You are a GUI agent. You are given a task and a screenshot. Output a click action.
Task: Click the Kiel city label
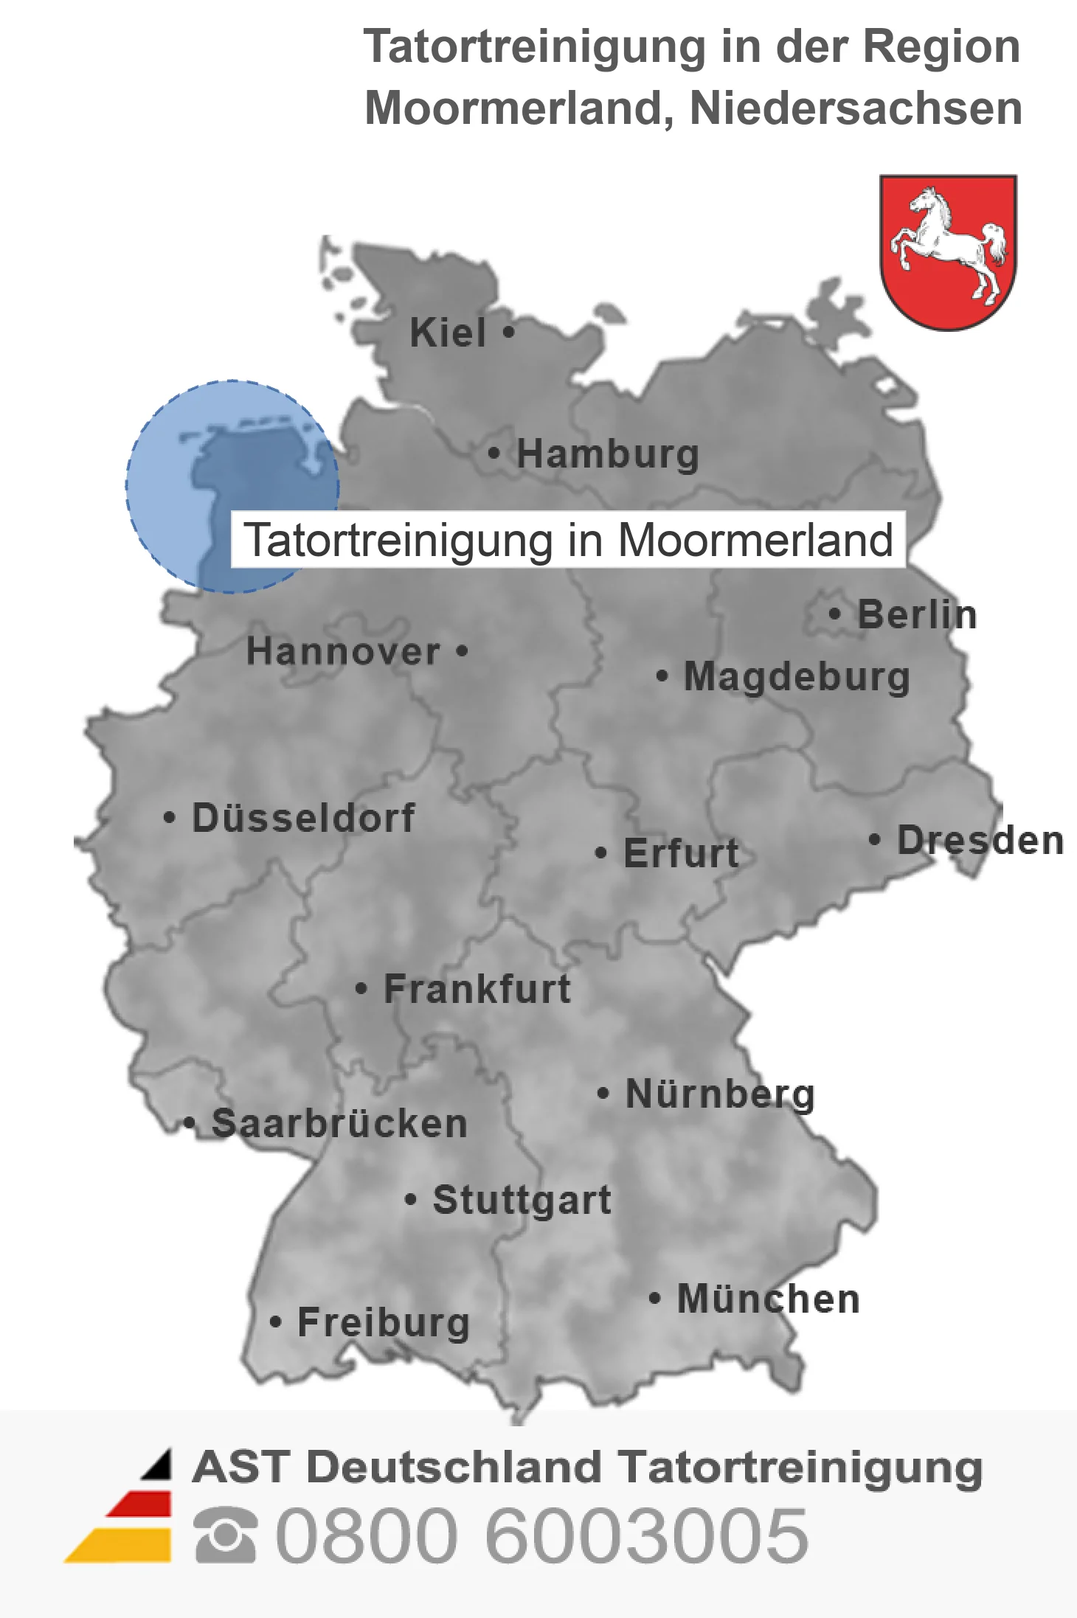click(x=448, y=333)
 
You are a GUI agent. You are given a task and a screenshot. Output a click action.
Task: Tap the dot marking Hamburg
click(x=494, y=453)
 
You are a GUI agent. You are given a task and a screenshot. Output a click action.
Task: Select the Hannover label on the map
click(x=343, y=652)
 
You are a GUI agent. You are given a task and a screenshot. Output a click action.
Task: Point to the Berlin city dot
click(x=834, y=614)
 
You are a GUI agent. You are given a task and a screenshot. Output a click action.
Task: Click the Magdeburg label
click(x=797, y=677)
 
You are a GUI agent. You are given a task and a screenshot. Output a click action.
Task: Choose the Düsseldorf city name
click(x=303, y=818)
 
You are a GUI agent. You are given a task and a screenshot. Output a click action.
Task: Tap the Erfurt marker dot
click(x=600, y=853)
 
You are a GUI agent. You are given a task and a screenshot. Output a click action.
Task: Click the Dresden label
click(x=980, y=840)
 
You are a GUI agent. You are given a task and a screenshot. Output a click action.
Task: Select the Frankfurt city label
click(x=477, y=989)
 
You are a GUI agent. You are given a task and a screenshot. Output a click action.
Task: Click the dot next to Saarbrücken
click(x=190, y=1123)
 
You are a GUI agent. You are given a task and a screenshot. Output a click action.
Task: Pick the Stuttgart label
click(x=522, y=1200)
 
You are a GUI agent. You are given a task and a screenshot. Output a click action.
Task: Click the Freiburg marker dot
click(x=275, y=1322)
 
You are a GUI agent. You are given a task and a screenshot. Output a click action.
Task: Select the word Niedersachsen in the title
click(x=856, y=108)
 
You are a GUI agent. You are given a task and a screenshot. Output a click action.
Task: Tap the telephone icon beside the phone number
click(x=225, y=1535)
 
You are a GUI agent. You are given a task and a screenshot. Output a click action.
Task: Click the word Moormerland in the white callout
click(x=755, y=540)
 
